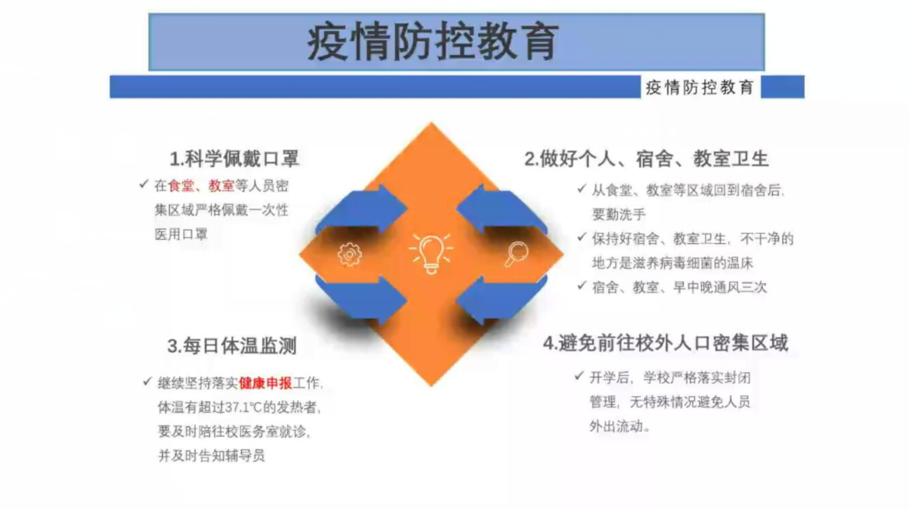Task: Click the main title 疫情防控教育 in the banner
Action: (433, 41)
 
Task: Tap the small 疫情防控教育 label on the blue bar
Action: (699, 87)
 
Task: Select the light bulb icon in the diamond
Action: (431, 253)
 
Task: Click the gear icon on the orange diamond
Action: (350, 254)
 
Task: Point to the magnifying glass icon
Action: (516, 254)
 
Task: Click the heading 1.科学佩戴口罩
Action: (234, 158)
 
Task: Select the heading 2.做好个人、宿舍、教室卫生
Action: (646, 158)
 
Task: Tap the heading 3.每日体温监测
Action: (232, 346)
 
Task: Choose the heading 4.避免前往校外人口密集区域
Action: (666, 343)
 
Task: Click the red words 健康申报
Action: (265, 383)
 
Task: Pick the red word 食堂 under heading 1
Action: (181, 185)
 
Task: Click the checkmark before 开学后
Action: (579, 375)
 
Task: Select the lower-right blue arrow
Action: (502, 299)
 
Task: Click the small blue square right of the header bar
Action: (782, 87)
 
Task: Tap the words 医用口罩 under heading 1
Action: (181, 235)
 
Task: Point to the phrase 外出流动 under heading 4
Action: (616, 427)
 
